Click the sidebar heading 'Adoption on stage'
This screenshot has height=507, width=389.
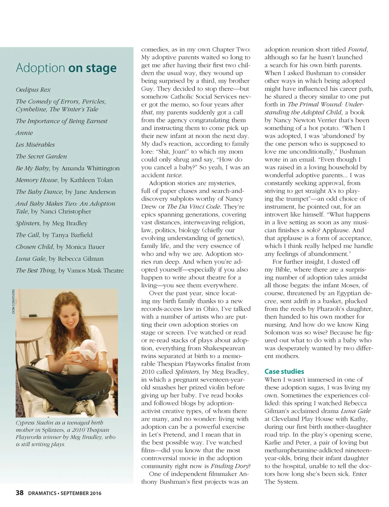pyautogui.click(x=66, y=68)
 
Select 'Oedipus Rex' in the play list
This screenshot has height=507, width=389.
pyautogui.click(x=33, y=90)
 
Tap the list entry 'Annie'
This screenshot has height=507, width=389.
pyautogui.click(x=24, y=133)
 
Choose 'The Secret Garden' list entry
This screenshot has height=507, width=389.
pyautogui.click(x=41, y=157)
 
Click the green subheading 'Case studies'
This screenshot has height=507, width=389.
pyautogui.click(x=284, y=371)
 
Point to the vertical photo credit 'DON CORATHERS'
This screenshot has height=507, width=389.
pyautogui.click(x=13, y=302)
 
